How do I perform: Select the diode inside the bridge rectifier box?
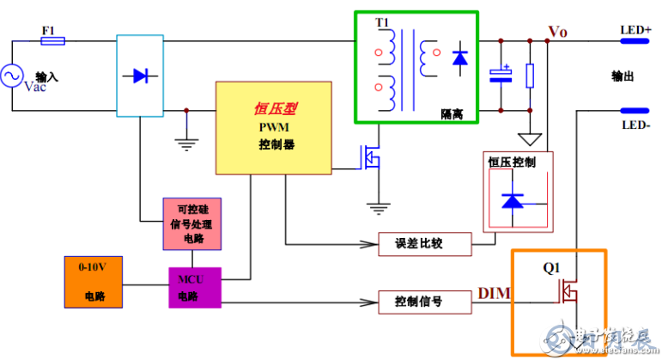(139, 76)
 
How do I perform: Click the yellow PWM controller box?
(274, 128)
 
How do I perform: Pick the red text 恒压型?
(272, 109)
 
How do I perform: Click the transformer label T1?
(382, 21)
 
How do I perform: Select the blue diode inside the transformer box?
(459, 58)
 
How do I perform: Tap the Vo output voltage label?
(558, 32)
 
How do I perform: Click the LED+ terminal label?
(635, 30)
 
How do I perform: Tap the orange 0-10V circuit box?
(93, 281)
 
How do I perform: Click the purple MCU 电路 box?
(194, 287)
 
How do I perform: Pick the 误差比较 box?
(424, 244)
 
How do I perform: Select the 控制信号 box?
(424, 302)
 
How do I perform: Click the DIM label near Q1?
(493, 295)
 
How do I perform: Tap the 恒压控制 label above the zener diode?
(512, 162)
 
